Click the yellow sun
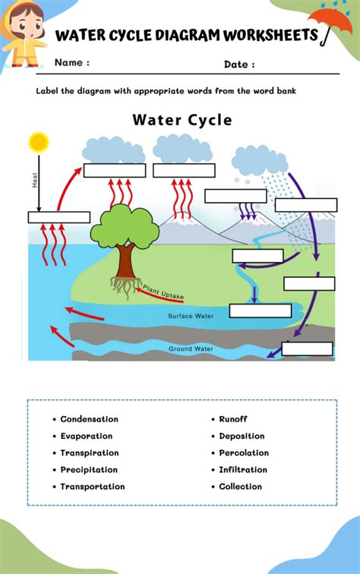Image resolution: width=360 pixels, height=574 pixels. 38,142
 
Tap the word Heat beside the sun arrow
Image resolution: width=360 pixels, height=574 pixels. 34,180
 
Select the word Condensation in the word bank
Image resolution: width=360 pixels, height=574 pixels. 89,419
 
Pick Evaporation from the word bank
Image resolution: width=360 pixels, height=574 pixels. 86,436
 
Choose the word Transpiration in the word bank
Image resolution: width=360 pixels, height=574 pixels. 89,453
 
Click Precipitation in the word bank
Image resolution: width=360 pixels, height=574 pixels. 89,470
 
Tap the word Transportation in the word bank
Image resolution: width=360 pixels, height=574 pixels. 92,487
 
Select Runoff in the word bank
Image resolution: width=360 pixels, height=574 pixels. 233,419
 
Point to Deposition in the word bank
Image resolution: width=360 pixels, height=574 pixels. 242,436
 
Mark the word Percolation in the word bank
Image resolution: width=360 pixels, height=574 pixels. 244,453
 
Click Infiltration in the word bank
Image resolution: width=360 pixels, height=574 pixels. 243,470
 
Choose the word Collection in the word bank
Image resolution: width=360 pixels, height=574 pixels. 240,487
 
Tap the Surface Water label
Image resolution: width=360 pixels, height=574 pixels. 191,316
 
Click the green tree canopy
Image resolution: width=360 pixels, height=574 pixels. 123,225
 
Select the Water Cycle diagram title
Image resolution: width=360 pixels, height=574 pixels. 182,120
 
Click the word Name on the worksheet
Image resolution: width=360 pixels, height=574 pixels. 72,63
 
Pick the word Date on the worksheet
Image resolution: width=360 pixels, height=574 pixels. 239,65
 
